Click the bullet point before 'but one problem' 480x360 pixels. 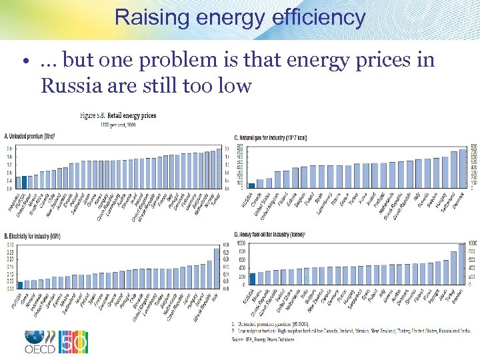24,61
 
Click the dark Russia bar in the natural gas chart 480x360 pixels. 251,185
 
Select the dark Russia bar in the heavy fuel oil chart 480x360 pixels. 252,279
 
